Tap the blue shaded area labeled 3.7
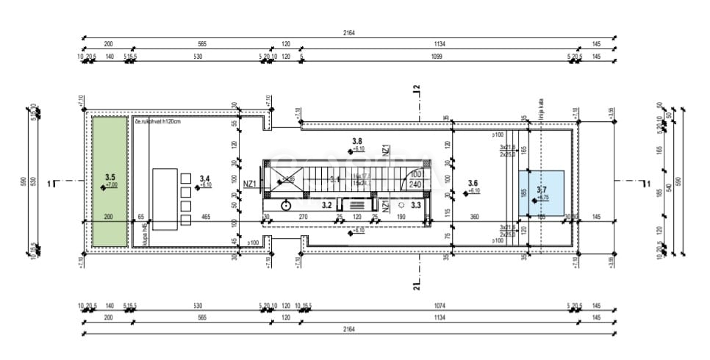541,192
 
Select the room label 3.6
473,184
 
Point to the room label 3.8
357,141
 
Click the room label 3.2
327,205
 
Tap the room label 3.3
415,205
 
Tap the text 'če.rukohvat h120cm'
157,121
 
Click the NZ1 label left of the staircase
249,185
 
